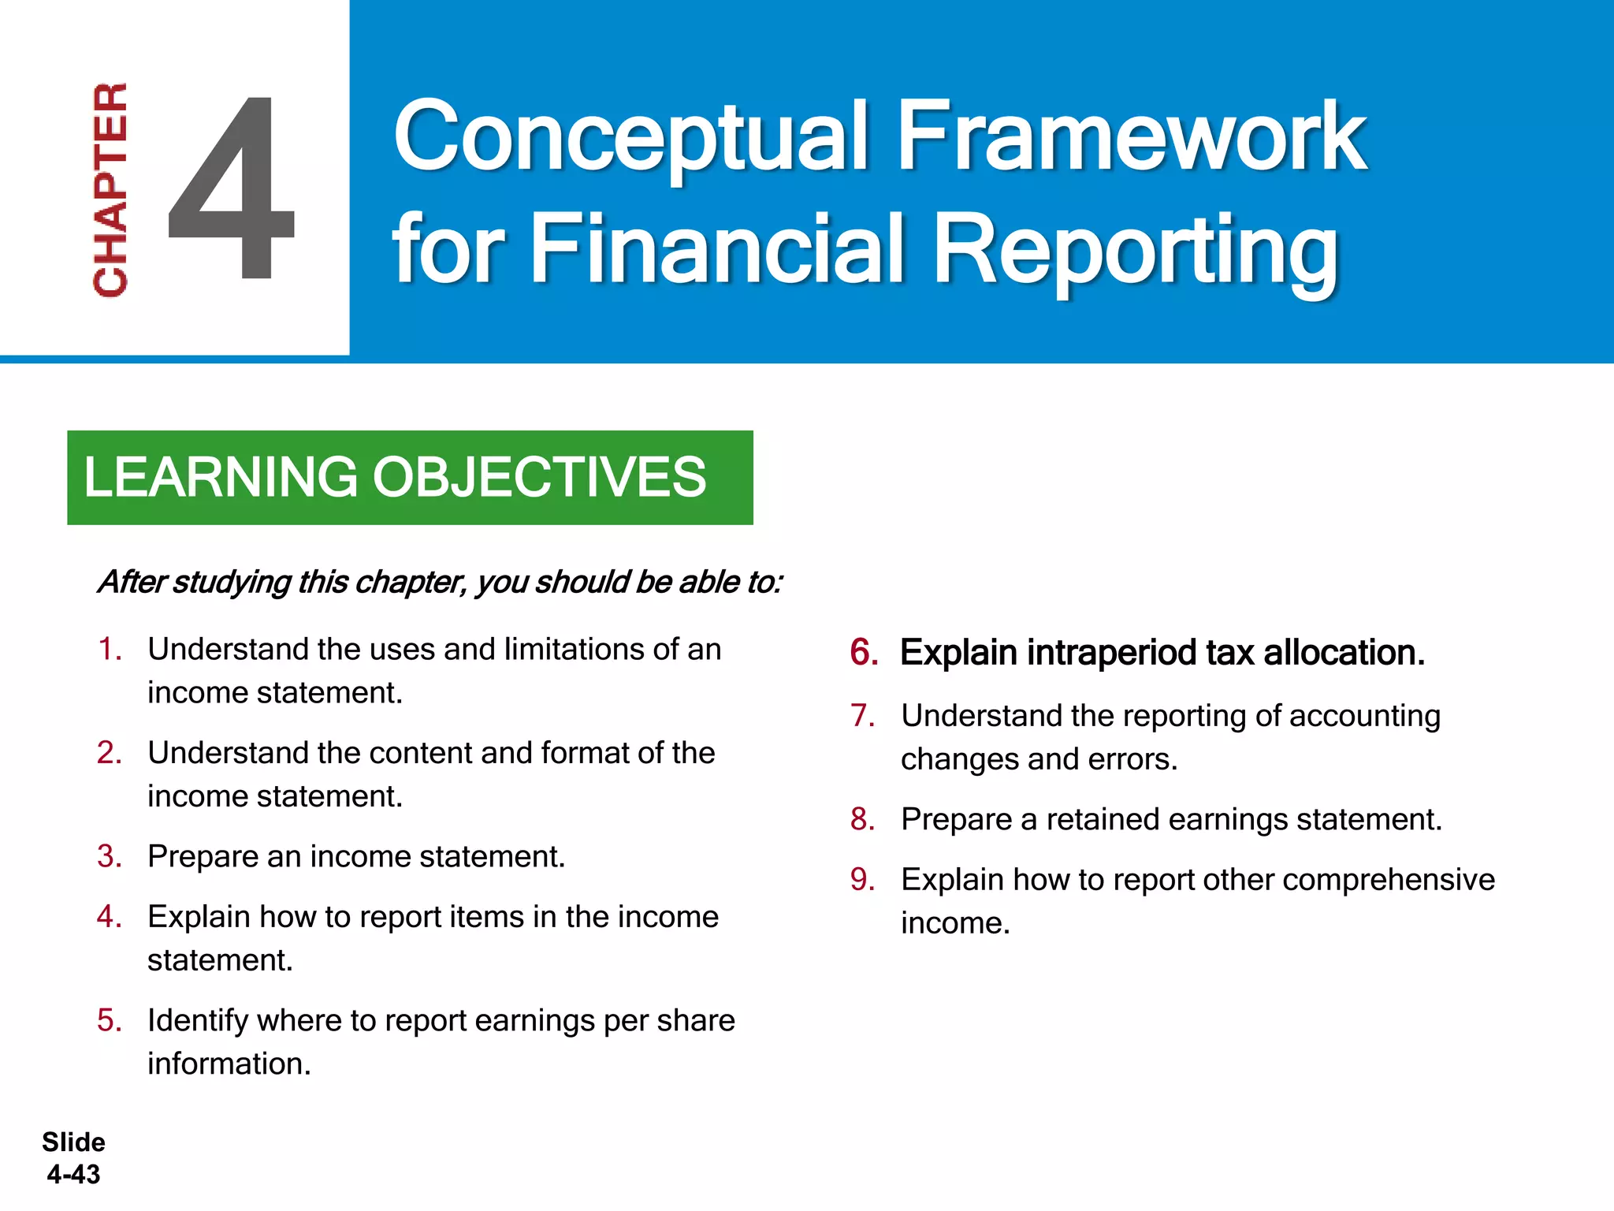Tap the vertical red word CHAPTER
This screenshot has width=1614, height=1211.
(110, 189)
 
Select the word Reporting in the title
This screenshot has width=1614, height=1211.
(1135, 251)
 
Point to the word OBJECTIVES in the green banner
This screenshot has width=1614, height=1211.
(539, 477)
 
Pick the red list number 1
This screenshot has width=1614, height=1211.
(109, 650)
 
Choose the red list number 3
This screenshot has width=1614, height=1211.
(109, 856)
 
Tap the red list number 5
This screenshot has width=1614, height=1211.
(109, 1020)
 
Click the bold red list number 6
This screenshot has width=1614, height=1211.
(864, 653)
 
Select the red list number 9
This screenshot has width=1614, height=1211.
(862, 880)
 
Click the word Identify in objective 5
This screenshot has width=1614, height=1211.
(198, 1021)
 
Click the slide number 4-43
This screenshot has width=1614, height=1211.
(73, 1175)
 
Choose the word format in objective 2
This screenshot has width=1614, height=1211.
(585, 753)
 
